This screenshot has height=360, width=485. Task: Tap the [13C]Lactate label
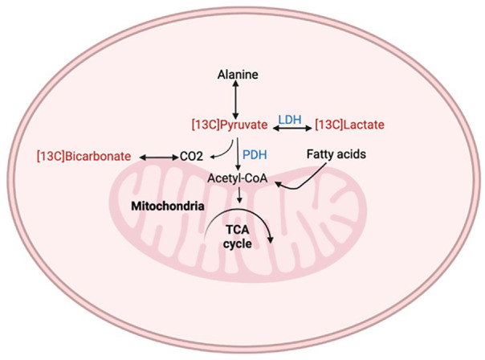(x=350, y=125)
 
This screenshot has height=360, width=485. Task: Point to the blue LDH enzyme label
(x=289, y=117)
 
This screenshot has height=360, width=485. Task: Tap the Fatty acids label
(x=331, y=153)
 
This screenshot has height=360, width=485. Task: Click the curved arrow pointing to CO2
(x=224, y=148)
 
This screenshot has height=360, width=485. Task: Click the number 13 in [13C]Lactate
(x=326, y=125)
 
